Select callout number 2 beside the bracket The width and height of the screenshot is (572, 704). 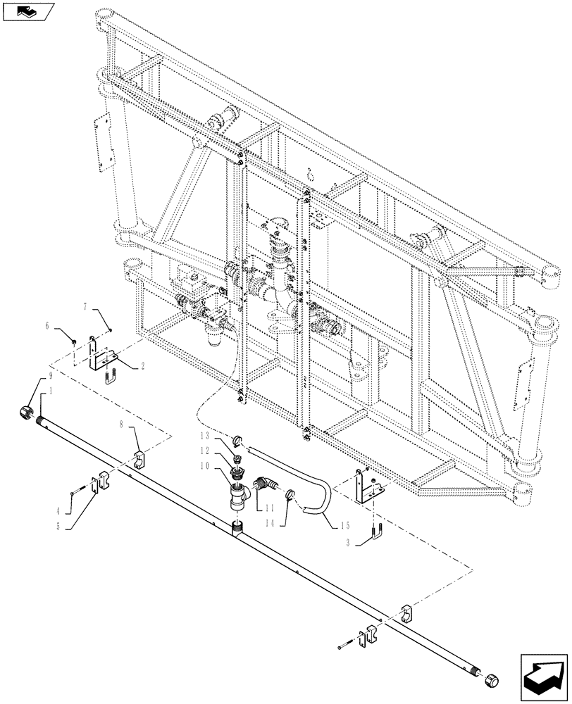[x=142, y=366]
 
